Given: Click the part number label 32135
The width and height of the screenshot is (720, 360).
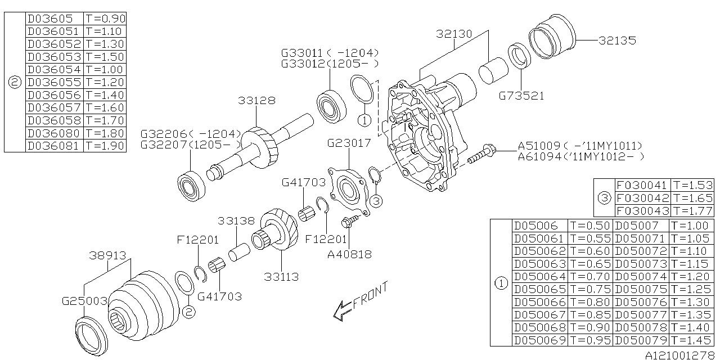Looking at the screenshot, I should pos(617,40).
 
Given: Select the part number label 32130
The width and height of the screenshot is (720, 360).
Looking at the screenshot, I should pos(454,34).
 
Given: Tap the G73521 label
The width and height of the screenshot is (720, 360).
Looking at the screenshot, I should pos(521,96).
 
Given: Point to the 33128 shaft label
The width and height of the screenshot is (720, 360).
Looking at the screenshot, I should pos(256,101).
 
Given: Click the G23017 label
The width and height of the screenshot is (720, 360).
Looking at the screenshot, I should pos(349,143).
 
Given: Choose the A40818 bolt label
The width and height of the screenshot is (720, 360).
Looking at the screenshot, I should pos(349,254).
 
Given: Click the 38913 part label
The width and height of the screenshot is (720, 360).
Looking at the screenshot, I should pos(108,254).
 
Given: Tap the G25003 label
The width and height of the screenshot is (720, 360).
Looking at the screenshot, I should pos(84,301).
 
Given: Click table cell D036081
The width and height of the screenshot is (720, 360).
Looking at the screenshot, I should pos(54,146).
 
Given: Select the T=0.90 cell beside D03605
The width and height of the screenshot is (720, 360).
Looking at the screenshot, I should pos(105,19).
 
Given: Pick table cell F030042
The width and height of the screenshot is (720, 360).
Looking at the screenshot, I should pos(642,198).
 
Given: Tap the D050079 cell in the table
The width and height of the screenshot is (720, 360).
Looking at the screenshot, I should pos(641,340).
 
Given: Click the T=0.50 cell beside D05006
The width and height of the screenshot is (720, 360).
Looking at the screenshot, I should pos(589,226).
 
